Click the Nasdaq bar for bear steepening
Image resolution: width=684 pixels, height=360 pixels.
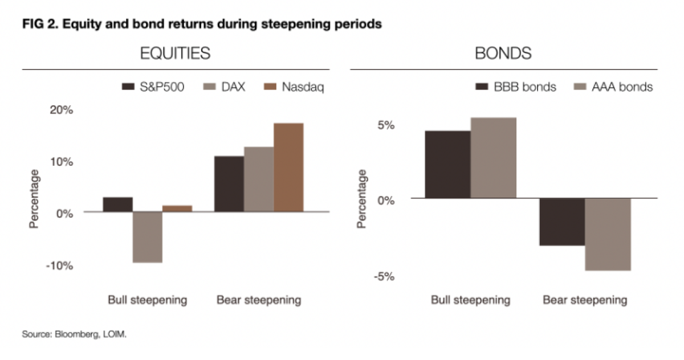point(288,167)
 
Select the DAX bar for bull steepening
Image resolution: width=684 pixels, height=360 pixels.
point(148,237)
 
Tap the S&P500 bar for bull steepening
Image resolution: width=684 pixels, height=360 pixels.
point(118,204)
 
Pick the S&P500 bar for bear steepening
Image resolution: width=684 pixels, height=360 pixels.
point(229,184)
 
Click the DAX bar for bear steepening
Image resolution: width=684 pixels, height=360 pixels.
point(258,179)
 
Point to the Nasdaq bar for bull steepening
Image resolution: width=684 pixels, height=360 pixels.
point(177,208)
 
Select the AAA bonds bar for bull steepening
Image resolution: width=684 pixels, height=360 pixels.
point(494,158)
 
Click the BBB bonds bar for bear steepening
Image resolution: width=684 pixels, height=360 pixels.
point(562,222)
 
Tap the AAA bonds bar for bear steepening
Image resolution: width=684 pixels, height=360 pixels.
point(608,234)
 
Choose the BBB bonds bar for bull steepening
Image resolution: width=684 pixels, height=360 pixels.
point(448,165)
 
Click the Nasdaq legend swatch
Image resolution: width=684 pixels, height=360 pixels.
point(271,87)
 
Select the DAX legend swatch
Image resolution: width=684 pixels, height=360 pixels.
point(210,87)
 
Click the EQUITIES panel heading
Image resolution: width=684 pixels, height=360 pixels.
point(175,54)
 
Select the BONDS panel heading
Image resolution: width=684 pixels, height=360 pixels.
point(503,54)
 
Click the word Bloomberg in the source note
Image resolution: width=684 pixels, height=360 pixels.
point(75,334)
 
